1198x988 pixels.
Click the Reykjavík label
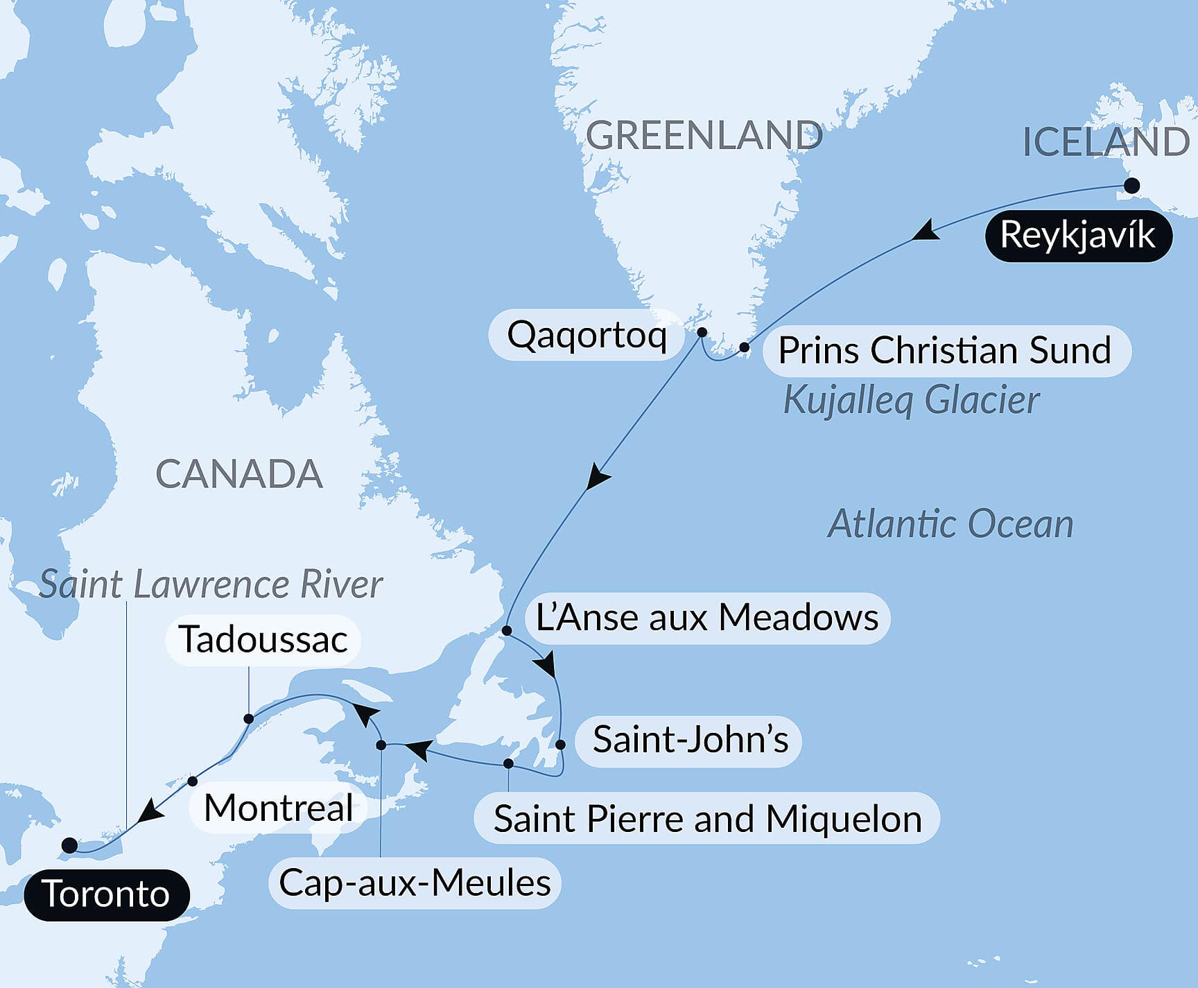click(1078, 236)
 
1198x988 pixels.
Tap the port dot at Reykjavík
click(1131, 186)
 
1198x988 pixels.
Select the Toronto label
click(106, 894)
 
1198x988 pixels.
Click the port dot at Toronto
click(69, 845)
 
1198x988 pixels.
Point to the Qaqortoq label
click(587, 335)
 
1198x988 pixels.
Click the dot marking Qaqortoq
click(702, 332)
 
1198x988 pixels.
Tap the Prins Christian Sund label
click(945, 350)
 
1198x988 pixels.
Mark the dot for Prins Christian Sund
click(744, 347)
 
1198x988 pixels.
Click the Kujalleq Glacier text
click(911, 400)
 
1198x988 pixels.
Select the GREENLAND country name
click(704, 135)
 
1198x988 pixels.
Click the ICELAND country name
click(1106, 142)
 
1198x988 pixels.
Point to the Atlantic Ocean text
click(950, 523)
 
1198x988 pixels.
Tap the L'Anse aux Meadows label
click(707, 618)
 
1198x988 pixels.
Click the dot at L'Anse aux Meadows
click(507, 631)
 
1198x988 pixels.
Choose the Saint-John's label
click(690, 740)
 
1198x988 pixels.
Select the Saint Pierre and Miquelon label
click(707, 819)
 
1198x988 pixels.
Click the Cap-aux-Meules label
click(415, 883)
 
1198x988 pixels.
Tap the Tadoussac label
click(263, 639)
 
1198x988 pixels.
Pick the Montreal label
click(279, 808)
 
